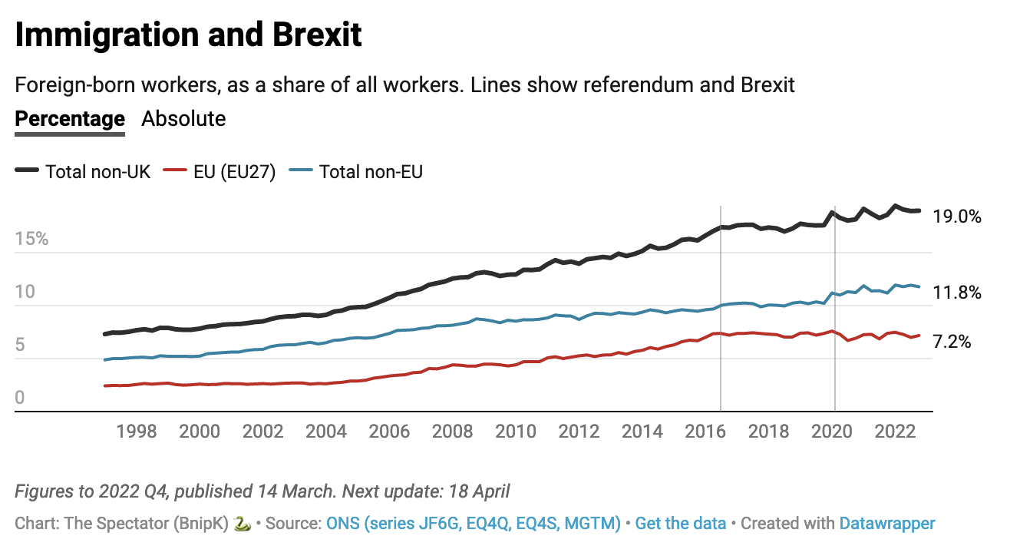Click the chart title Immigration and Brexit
[x=188, y=36]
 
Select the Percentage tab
[x=70, y=119]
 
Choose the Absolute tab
[x=183, y=119]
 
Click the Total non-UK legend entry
[x=97, y=171]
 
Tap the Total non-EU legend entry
[x=371, y=171]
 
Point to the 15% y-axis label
[x=31, y=239]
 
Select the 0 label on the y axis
[x=20, y=398]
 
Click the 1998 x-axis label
[x=137, y=432]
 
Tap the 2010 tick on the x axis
[x=517, y=432]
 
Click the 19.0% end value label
[x=957, y=217]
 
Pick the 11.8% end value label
[x=957, y=293]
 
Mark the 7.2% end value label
[x=952, y=342]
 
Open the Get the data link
[x=681, y=524]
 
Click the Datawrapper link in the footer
[x=887, y=524]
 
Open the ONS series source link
[x=474, y=524]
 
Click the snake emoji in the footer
[x=241, y=524]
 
